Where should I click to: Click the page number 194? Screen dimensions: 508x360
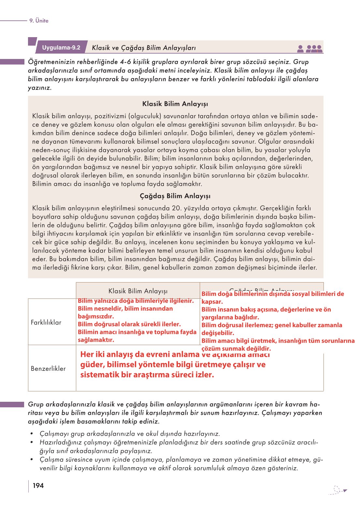click(x=38, y=486)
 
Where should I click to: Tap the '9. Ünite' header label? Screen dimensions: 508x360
click(x=39, y=21)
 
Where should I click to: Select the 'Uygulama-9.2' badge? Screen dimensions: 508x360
click(x=61, y=48)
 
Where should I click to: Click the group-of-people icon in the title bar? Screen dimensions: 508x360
click(x=314, y=49)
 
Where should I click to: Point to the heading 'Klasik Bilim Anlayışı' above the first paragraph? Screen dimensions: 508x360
click(x=175, y=104)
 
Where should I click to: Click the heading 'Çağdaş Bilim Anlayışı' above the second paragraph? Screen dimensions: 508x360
click(x=175, y=196)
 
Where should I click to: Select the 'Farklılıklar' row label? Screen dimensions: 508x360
click(x=46, y=322)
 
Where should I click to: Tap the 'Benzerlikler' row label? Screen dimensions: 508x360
click(x=48, y=369)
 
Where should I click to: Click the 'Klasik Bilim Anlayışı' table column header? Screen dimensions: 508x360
click(x=138, y=291)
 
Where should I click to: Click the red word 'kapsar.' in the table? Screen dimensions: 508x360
click(x=212, y=302)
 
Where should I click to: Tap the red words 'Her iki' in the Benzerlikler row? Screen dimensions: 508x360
click(x=92, y=355)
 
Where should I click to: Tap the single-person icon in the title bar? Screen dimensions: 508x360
click(x=301, y=49)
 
